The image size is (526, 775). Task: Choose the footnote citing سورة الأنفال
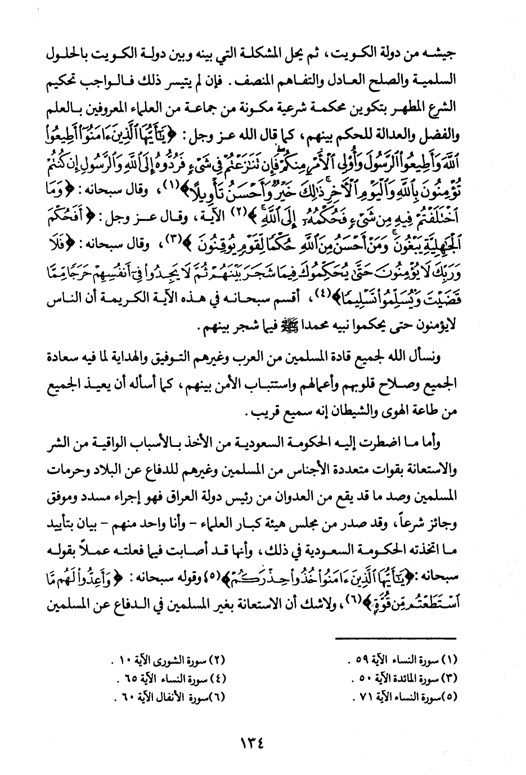point(170,698)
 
